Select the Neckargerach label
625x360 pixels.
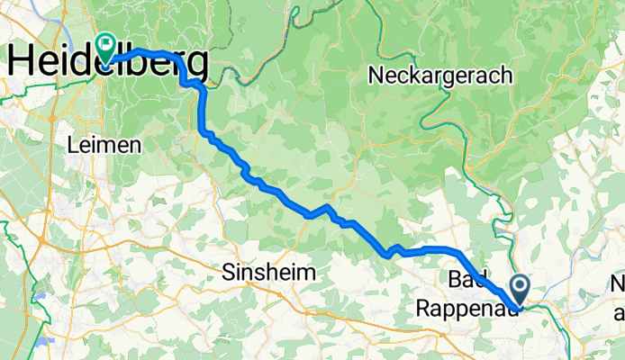point(440,76)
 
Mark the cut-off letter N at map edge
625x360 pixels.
point(617,286)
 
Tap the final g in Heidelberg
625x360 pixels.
point(196,65)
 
